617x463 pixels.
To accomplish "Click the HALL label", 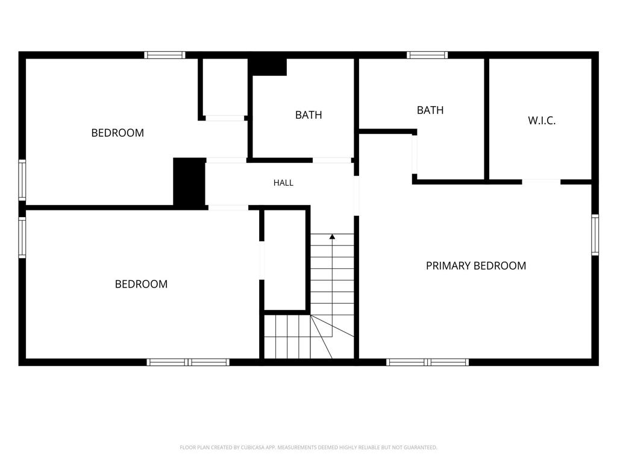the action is click(283, 183).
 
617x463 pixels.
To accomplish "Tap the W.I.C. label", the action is click(542, 121).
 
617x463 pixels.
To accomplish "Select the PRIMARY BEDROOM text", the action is click(476, 266).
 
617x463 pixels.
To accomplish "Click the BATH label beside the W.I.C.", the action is click(430, 110).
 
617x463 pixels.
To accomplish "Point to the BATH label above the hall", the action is click(308, 115).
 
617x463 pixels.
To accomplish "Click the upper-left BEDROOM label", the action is click(117, 133).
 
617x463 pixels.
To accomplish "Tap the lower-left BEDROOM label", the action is click(141, 285).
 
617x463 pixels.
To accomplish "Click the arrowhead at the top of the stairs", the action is click(332, 236).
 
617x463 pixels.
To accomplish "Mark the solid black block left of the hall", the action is click(189, 181).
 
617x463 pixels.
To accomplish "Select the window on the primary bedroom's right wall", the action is click(595, 235).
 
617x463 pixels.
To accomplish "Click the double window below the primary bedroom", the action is click(427, 362).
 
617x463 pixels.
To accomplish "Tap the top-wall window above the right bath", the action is click(427, 55).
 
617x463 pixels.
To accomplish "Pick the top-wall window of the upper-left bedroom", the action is click(164, 55).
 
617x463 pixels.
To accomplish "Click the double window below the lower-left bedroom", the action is click(188, 362).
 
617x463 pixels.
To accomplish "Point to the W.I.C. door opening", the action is click(542, 181).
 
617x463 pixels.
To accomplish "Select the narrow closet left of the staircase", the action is click(285, 260).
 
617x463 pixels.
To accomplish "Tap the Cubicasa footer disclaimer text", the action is click(308, 447).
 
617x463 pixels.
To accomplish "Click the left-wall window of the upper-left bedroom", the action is click(22, 180).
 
